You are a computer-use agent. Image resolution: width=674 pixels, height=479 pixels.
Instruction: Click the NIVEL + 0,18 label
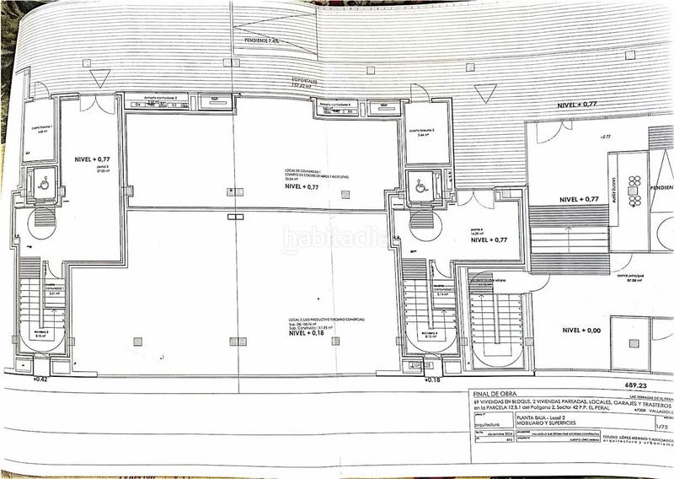[x=308, y=333]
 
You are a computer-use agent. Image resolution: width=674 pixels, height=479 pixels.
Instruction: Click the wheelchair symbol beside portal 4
[x=420, y=187]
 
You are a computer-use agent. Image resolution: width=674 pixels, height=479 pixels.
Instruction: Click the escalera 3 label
[x=40, y=333]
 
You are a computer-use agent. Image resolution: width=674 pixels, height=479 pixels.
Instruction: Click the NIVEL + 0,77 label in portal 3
[x=92, y=159]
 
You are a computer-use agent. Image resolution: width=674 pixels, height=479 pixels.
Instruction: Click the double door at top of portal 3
[x=103, y=105]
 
